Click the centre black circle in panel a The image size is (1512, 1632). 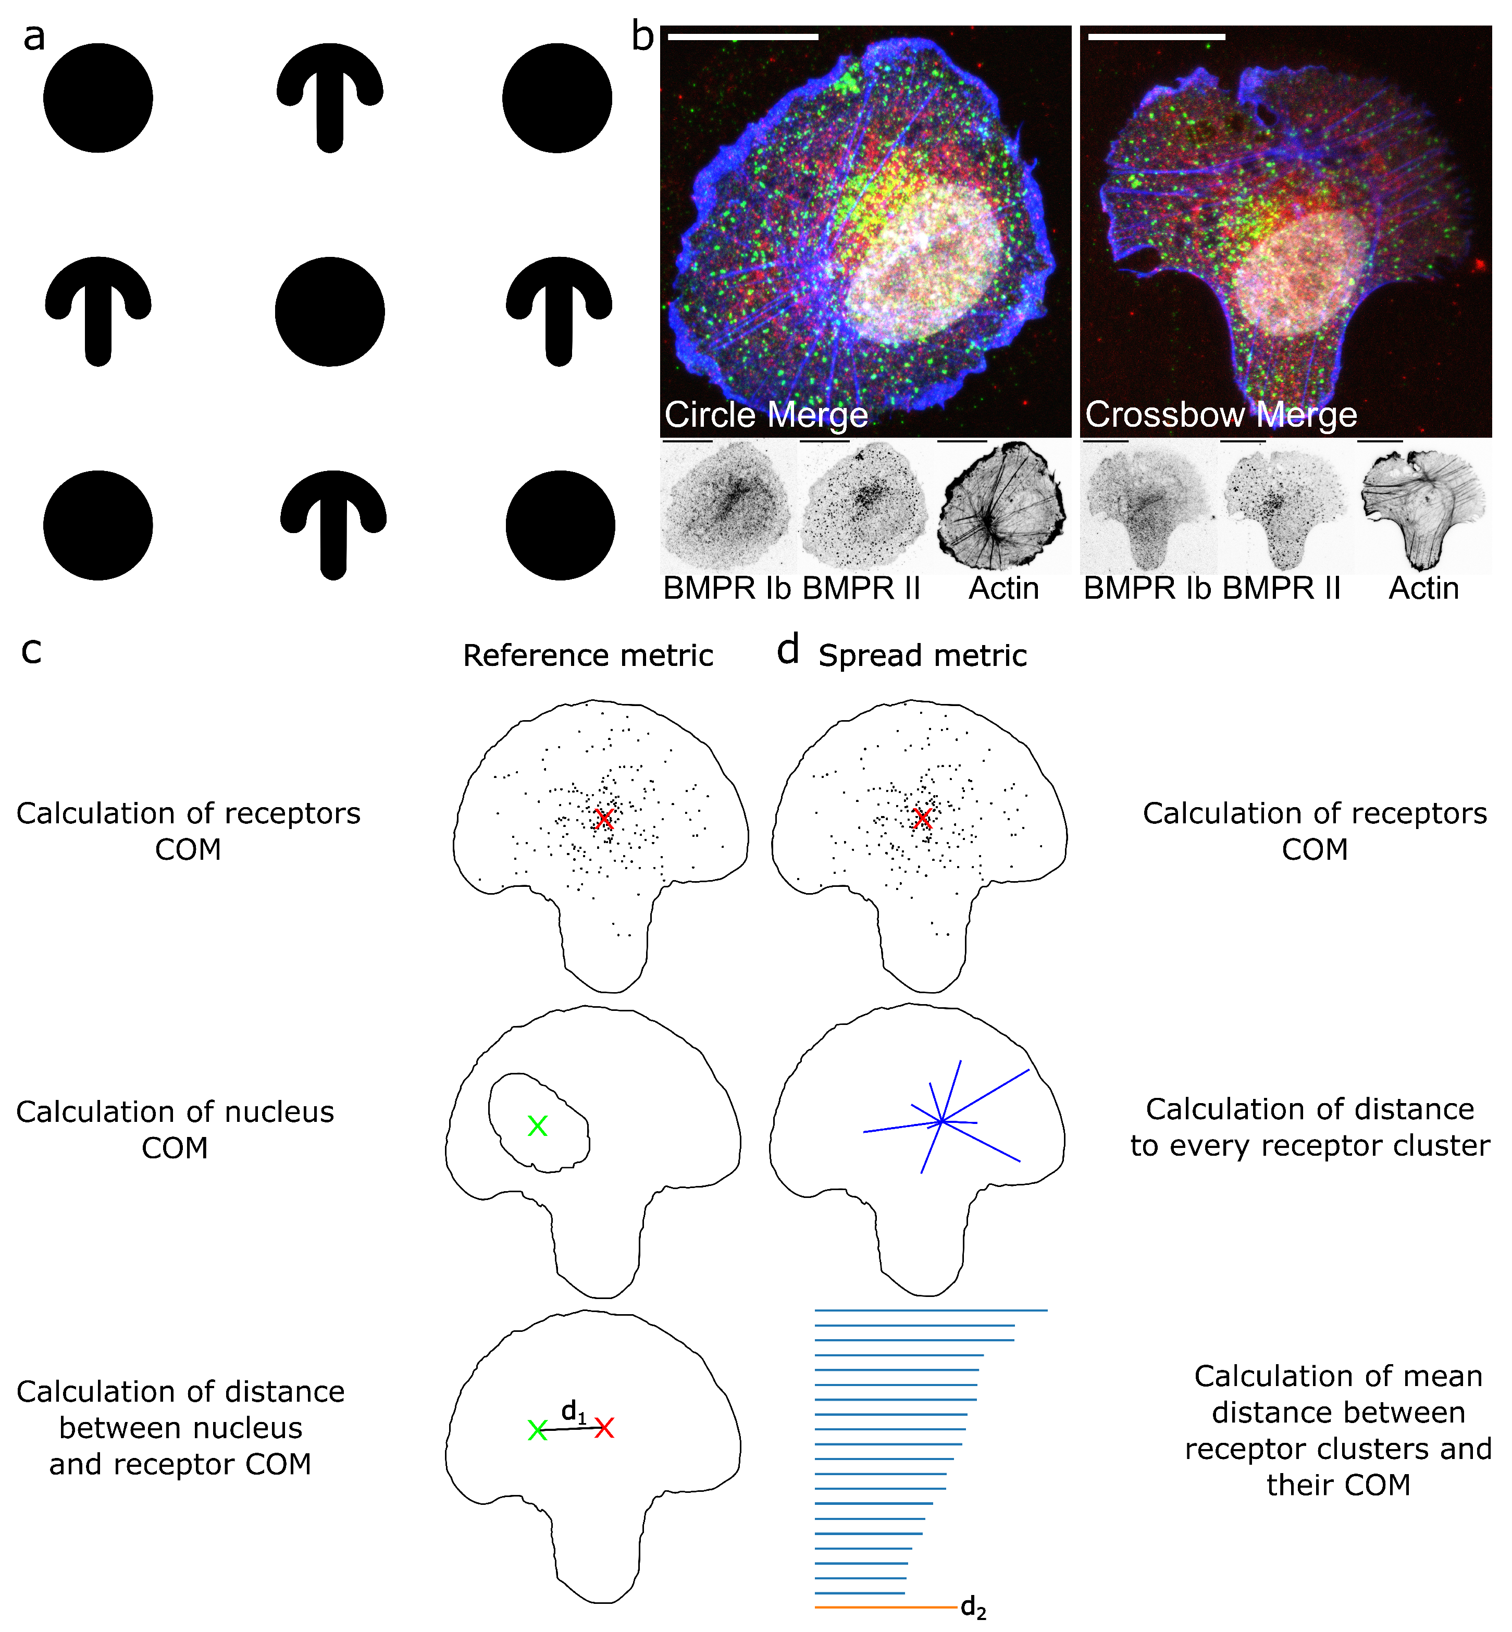[330, 312]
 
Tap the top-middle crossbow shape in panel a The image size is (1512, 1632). [330, 94]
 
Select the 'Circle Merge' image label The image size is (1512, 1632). [766, 415]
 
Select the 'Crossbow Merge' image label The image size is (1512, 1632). [1221, 415]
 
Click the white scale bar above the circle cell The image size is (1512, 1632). [743, 37]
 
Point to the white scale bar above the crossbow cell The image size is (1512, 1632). [1156, 37]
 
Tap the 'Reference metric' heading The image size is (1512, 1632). [588, 656]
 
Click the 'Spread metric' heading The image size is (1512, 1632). [922, 656]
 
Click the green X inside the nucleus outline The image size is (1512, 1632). [538, 1127]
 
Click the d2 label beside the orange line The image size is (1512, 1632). [974, 1608]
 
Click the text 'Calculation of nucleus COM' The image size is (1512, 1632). [175, 1130]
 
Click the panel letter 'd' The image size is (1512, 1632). [787, 650]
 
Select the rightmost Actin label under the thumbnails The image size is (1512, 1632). [1423, 589]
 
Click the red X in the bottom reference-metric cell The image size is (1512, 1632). [604, 1428]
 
